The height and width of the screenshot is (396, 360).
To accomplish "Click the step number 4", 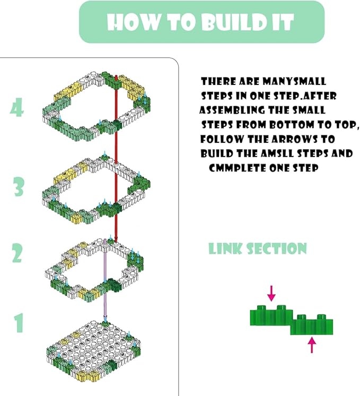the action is (16, 108).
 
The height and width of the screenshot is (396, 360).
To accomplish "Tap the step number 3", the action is (19, 187).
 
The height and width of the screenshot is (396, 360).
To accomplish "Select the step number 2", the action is (17, 253).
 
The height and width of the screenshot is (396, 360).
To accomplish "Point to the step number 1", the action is (19, 323).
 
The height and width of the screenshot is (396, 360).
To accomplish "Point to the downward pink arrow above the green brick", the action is (271, 293).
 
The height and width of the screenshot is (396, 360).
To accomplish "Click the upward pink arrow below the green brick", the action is (312, 345).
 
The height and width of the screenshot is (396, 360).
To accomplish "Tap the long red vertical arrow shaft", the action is (116, 159).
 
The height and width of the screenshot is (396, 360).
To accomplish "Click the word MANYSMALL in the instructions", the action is (294, 82).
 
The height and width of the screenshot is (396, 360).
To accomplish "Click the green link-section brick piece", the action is (292, 320).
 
